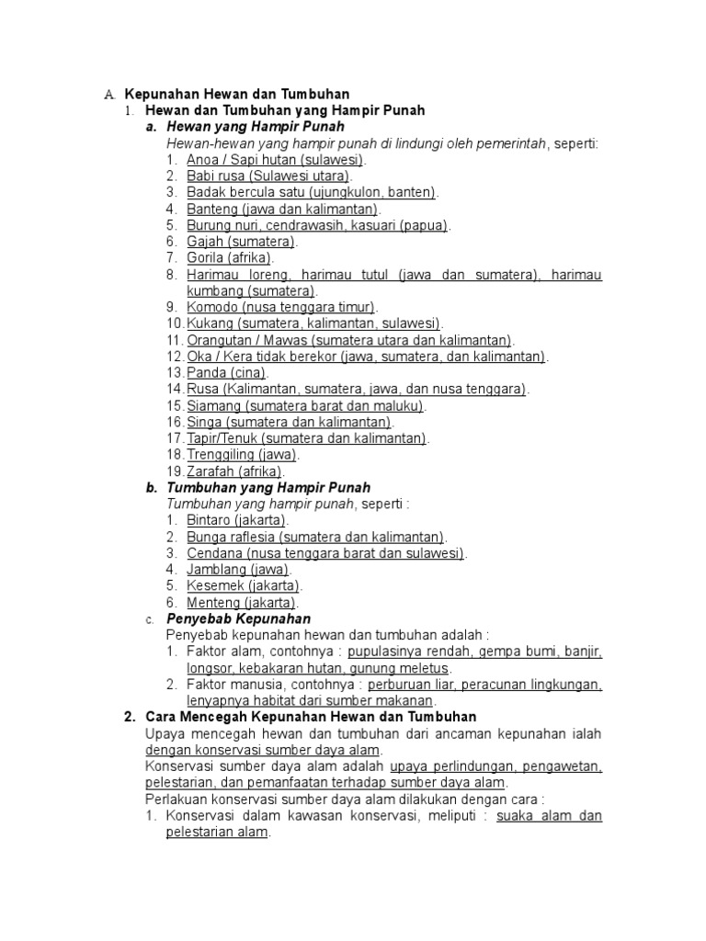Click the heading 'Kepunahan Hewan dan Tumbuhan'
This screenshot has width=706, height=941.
coord(237,95)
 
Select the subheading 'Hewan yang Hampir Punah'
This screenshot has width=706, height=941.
coord(256,127)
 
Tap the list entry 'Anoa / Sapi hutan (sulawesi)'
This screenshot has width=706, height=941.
coord(268,159)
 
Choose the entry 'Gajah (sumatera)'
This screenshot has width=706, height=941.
coord(241,242)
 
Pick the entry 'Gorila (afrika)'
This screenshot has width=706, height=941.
coord(230,258)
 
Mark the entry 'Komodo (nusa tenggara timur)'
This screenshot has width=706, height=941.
coord(281,307)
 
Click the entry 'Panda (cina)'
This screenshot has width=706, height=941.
coord(226,373)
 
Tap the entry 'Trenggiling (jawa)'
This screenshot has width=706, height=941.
coord(243,455)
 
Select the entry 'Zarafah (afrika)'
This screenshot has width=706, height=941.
coord(234,471)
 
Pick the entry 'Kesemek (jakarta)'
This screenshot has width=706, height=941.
coord(243,586)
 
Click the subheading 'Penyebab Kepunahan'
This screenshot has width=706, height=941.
coord(238,619)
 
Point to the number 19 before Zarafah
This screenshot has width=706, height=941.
coord(175,471)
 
